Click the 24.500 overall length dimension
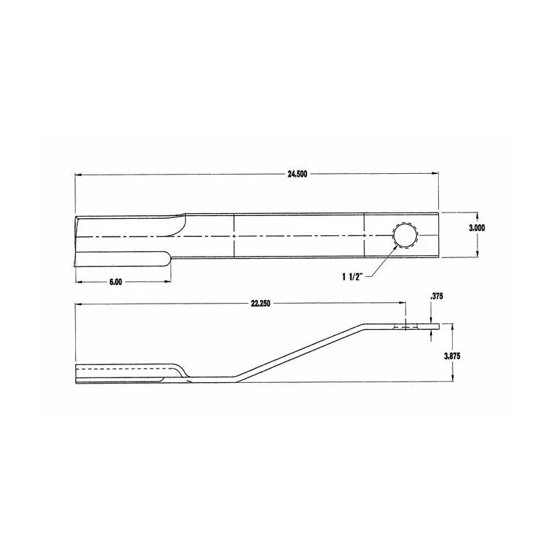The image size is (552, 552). [297, 175]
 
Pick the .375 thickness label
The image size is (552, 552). [435, 296]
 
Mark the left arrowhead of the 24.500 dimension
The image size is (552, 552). [78, 175]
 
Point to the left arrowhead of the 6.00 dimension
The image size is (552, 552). [78, 282]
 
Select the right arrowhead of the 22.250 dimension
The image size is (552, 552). [403, 304]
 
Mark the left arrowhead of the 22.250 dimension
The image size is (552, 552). [78, 304]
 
